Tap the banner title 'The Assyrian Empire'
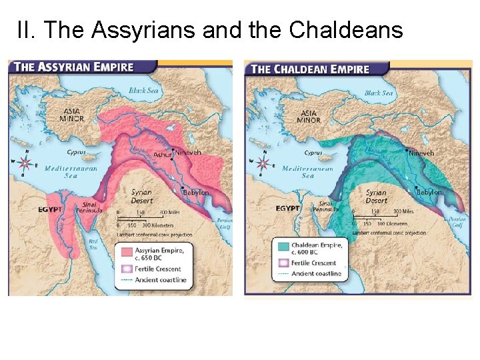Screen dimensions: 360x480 [74, 67]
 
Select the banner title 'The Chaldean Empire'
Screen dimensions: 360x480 [310, 69]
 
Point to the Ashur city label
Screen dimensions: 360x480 [162, 155]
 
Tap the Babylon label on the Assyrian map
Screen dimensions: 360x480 [196, 193]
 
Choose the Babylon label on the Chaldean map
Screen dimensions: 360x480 [429, 192]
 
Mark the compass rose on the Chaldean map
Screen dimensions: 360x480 [262, 162]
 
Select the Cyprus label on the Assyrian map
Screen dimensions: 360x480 [77, 152]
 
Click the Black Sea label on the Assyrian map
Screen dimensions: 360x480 [144, 91]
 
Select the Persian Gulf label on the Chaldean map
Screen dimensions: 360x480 [457, 221]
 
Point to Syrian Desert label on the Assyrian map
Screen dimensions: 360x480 [141, 196]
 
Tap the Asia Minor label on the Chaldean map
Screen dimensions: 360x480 [309, 117]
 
